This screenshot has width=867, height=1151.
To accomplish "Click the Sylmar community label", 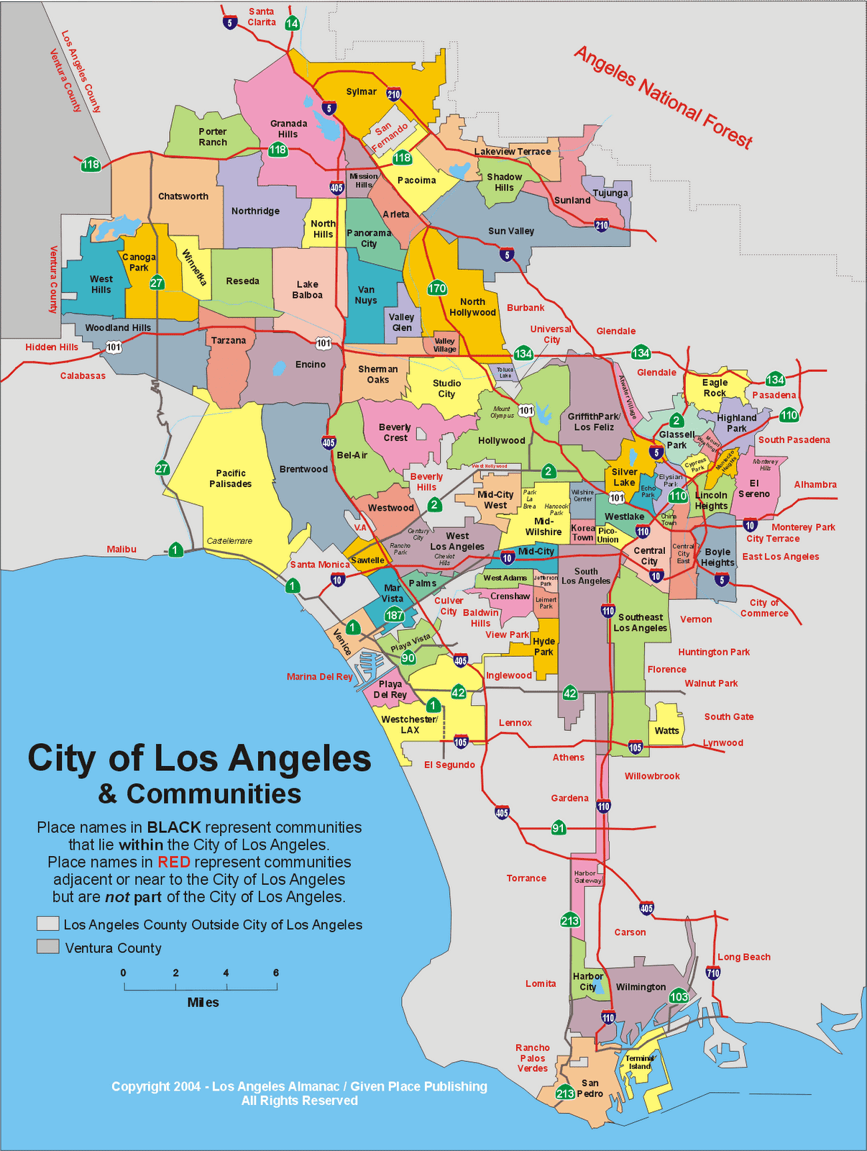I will tap(361, 91).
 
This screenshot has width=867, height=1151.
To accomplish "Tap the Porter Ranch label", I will tap(213, 137).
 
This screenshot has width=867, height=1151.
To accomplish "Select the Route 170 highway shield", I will tap(437, 288).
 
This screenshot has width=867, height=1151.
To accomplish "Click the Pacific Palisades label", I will tap(231, 478).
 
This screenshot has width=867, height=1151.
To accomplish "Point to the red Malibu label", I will tap(121, 549).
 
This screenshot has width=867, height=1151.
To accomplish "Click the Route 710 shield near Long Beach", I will tap(712, 973).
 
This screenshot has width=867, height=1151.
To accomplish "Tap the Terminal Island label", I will tap(640, 1062).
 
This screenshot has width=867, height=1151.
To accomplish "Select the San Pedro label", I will tap(590, 1088).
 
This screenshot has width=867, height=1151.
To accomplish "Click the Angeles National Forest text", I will tap(663, 97).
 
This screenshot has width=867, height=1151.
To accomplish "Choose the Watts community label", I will tap(666, 730).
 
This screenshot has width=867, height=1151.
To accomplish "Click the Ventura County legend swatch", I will tap(48, 947).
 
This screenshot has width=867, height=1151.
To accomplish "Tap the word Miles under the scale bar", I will tap(203, 1002).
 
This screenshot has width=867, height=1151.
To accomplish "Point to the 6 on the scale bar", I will tap(276, 973).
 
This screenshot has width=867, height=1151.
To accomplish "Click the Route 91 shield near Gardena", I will tap(559, 828).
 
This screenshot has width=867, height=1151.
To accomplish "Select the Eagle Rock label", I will tap(715, 388).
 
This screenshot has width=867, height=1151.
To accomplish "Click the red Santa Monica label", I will tap(320, 565).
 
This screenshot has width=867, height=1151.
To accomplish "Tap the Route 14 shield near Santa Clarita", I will tap(292, 23).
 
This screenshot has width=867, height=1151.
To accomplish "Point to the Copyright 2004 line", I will tap(299, 1086).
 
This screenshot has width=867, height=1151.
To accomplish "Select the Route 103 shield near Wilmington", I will tap(679, 996).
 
